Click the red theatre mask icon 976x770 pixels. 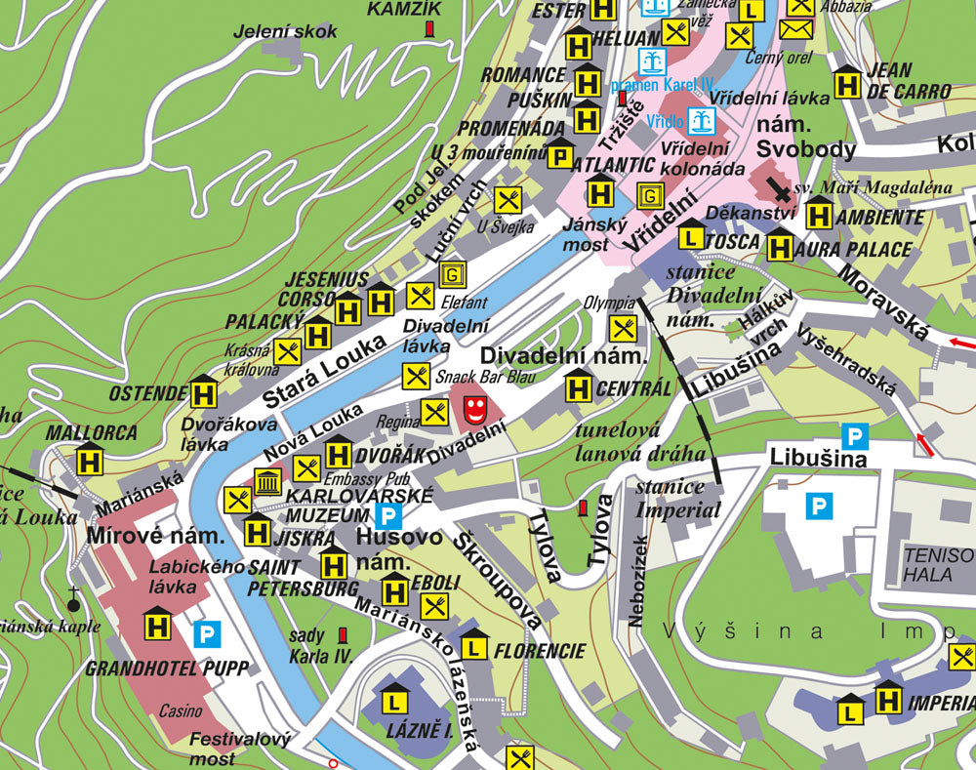[474, 410]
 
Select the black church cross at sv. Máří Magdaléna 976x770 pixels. [779, 187]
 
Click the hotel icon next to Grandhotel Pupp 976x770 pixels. [158, 625]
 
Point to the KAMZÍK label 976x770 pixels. [404, 10]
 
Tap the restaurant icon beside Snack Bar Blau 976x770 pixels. [416, 376]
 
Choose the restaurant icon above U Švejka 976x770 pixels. [508, 201]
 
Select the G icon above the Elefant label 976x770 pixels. [451, 274]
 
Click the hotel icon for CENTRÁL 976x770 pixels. [579, 388]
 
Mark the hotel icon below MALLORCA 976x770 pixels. [91, 459]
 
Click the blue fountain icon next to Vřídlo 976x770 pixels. [701, 121]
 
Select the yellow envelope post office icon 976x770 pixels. [797, 28]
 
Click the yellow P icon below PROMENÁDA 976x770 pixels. [560, 154]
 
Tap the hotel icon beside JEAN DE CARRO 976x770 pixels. [847, 83]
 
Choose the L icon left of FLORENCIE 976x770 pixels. [474, 646]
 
